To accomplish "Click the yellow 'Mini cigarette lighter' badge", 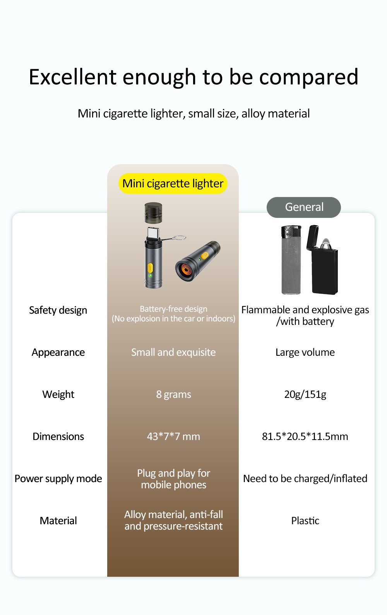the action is point(173,183).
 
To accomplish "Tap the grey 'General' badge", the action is point(304,207).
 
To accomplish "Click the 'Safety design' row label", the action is point(58,310).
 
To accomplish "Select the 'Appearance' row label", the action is point(58,352).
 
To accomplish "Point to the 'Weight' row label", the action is point(58,394).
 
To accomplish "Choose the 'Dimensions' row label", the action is point(58,437).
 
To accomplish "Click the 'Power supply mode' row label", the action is point(58,479).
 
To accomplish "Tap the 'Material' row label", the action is point(58,521).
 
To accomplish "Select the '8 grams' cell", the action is point(173,394).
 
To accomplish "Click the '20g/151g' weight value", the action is point(305,394).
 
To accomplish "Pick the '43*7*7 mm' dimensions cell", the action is point(173,437).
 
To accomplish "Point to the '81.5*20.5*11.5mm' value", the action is point(305,437).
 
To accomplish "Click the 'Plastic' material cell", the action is point(305,521).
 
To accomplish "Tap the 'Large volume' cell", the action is point(305,352).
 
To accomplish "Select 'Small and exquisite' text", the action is point(173,352).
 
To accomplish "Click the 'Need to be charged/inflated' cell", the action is point(305,479).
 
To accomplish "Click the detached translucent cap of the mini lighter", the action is point(153,213).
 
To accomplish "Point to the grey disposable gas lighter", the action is point(291,260).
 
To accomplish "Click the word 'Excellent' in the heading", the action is point(73,77).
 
